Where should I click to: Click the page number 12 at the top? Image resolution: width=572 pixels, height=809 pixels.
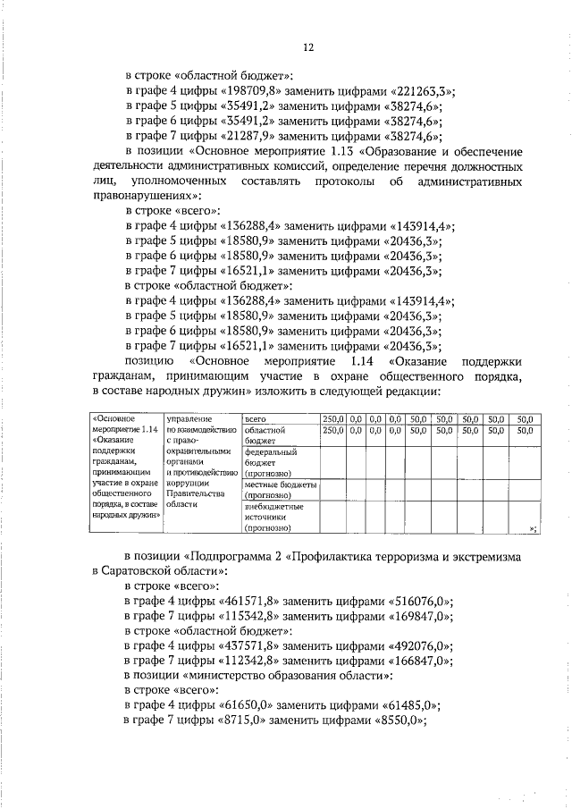[309, 46]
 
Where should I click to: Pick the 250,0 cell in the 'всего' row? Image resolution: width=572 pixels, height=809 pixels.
[332, 417]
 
